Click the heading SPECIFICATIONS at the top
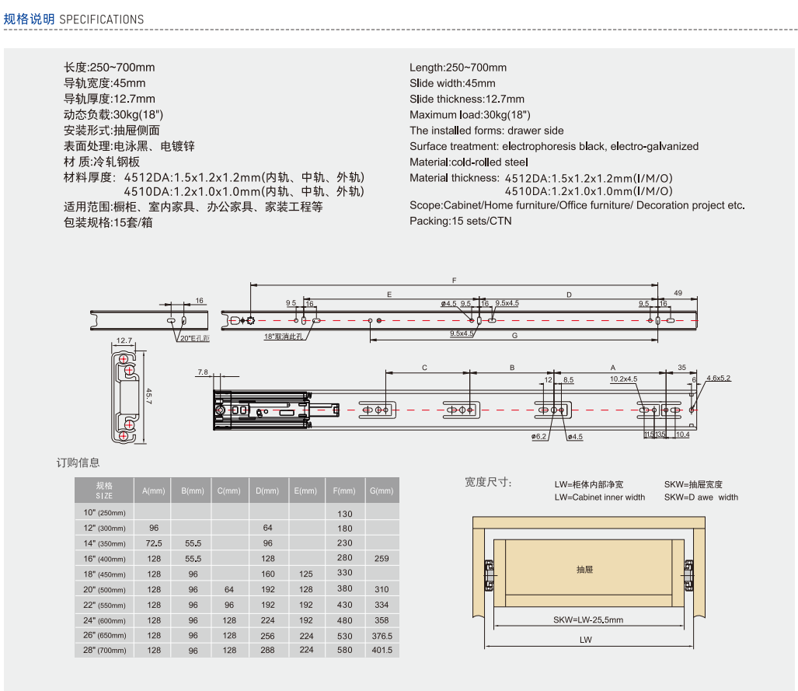coord(101,19)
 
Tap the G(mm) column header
coord(382,490)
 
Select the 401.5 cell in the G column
coord(382,650)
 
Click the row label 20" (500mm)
coord(104,589)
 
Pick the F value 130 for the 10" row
coord(344,514)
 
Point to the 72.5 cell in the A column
coord(154,543)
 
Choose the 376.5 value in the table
coord(382,635)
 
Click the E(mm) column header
coord(306,490)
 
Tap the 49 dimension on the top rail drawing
coord(678,293)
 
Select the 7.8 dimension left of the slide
coord(203,372)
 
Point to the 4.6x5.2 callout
coord(718,378)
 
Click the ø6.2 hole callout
coord(540,437)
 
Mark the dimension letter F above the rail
coord(453,279)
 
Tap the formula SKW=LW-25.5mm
coord(588,619)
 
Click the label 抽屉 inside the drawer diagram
coord(585,570)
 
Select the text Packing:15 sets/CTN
coord(461,221)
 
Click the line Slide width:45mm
coord(452,83)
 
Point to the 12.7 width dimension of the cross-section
coord(124,340)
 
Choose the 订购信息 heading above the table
coord(78,462)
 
